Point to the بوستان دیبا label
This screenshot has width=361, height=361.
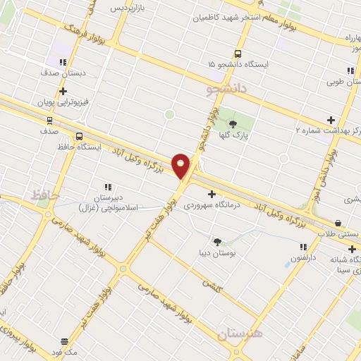pos(217,252)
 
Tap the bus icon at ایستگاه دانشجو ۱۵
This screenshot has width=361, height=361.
pos(238,54)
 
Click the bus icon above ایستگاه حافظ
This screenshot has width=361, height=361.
pos(78,136)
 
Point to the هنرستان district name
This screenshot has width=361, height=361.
pos(240,332)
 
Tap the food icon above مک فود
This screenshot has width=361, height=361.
pos(64,341)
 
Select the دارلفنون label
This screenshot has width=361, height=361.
pos(304,258)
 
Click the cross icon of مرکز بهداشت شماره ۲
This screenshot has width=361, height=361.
pos(331,120)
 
